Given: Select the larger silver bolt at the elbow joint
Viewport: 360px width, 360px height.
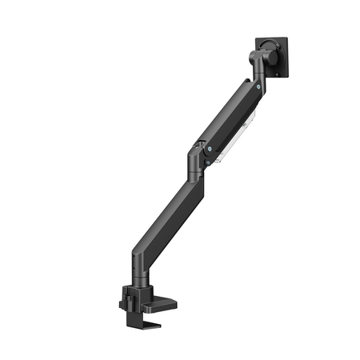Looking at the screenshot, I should tap(210, 148).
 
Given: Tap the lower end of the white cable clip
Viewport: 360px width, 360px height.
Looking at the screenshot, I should tap(214, 163).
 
